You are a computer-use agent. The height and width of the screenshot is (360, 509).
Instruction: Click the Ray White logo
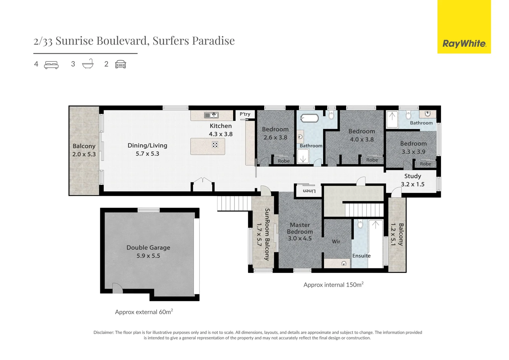464,27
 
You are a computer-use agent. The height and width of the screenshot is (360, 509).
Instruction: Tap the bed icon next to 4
51,65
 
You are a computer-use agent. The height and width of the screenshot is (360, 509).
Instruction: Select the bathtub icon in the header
88,64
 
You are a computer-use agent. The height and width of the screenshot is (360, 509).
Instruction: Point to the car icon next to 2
121,64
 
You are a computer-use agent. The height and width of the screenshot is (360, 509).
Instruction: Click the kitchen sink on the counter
211,115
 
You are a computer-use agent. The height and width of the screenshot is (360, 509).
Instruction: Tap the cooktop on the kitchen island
215,144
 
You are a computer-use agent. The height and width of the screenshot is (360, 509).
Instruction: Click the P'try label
245,114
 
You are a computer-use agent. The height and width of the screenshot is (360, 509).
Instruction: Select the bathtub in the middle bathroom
309,118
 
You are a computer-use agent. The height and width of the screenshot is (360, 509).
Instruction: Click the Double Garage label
148,247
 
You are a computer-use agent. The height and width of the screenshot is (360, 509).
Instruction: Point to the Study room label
413,176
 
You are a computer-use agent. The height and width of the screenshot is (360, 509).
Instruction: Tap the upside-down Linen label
309,191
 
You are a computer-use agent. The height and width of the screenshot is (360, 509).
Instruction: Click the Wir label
336,242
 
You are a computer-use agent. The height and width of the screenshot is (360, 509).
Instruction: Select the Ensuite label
361,256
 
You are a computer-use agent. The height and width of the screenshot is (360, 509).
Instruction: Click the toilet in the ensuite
360,224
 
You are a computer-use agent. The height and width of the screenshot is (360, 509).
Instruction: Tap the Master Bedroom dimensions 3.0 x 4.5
300,238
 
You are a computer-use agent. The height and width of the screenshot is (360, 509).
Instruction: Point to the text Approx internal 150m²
333,285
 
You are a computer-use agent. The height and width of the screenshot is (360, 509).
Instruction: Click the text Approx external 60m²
144,312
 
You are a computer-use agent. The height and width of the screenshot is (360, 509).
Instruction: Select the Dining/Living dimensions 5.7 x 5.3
147,154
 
